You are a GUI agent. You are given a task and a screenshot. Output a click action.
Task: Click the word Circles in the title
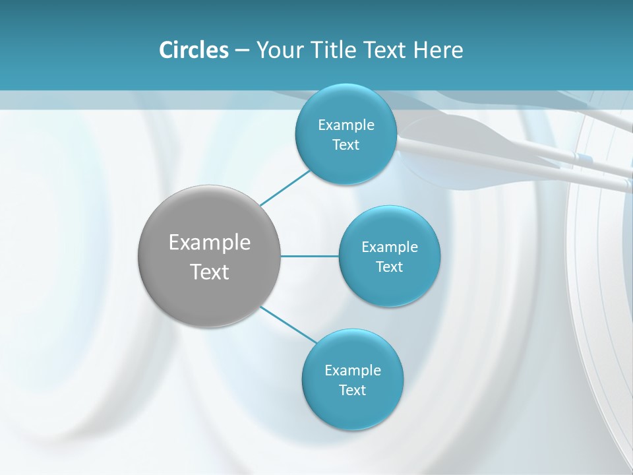193,50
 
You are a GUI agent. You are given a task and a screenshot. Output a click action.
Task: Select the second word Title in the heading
334,50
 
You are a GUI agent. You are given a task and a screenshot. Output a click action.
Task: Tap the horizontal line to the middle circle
310,256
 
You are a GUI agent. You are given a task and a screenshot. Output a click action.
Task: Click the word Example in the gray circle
210,243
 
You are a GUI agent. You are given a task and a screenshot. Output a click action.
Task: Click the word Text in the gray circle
210,272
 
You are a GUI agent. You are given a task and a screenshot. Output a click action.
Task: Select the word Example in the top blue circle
346,125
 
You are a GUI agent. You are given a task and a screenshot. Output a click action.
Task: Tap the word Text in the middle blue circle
389,267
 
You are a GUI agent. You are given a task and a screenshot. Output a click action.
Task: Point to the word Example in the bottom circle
352,370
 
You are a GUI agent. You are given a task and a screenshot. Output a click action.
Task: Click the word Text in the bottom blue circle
352,390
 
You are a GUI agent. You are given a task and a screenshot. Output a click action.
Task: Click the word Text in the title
386,50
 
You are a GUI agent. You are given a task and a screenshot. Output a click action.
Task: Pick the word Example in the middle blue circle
389,247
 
